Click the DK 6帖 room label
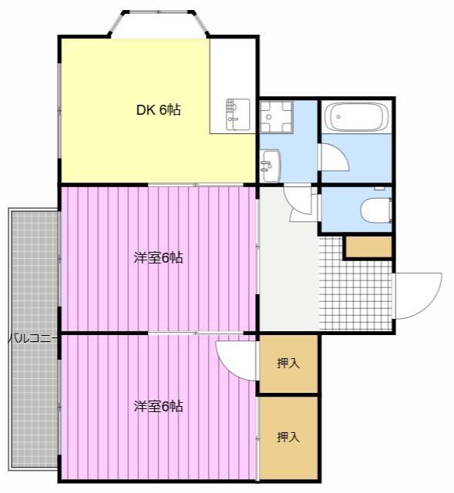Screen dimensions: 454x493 (158, 109)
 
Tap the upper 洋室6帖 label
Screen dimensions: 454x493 (158, 257)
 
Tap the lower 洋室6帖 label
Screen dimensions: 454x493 (158, 406)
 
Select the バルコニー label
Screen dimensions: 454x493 (32, 339)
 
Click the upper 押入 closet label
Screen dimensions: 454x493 (288, 363)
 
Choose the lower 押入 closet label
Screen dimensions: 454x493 (288, 437)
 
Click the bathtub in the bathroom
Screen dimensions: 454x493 (356, 116)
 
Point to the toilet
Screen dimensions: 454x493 (376, 210)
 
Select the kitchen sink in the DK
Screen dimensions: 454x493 (238, 115)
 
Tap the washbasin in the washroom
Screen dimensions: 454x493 (271, 166)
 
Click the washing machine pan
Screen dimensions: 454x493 (276, 116)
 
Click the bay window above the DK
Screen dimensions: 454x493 (158, 22)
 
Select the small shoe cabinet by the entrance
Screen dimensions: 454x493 (368, 246)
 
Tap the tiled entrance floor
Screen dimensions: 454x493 (356, 294)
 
